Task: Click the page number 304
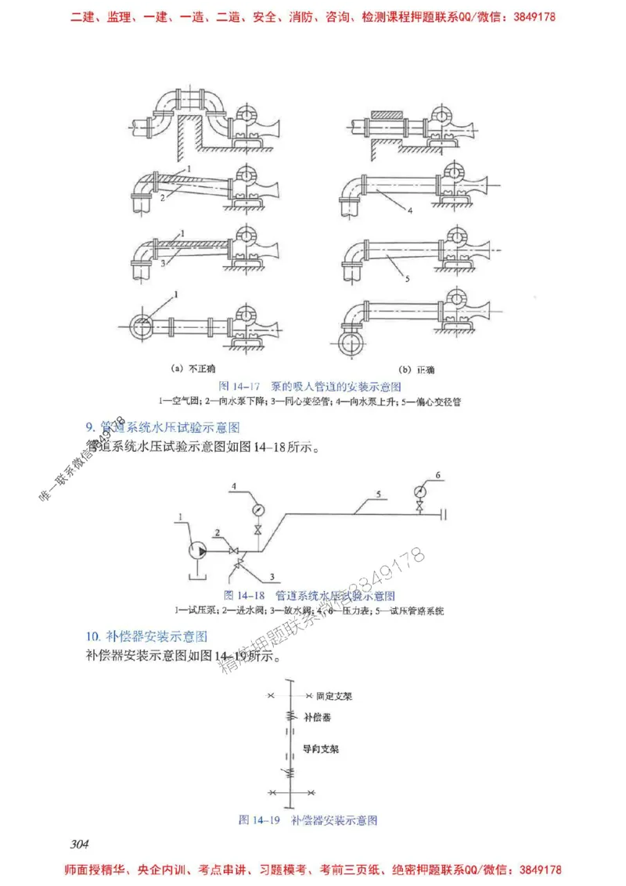(80, 843)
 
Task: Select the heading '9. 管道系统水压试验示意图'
(162, 427)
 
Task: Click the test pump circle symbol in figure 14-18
(198, 552)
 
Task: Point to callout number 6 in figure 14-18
(438, 474)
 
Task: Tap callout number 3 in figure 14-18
(273, 577)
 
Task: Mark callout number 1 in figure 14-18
(180, 517)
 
